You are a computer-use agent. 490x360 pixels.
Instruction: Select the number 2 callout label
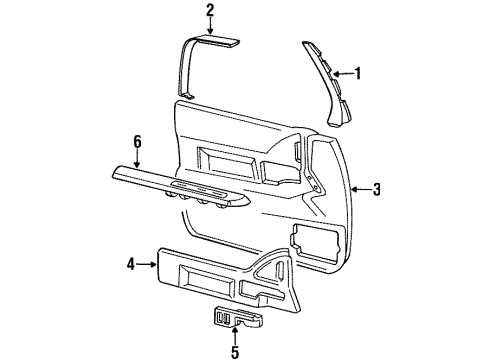[x=210, y=11]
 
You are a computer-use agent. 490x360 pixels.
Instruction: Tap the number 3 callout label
[x=376, y=190]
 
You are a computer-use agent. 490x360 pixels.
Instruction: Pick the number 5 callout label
[x=236, y=352]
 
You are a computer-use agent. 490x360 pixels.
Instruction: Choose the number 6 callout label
[x=138, y=144]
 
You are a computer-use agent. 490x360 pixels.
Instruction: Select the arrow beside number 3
[x=360, y=190]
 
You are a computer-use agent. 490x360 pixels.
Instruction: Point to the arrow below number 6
[x=138, y=159]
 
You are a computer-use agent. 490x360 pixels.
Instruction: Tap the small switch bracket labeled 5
[x=236, y=319]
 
